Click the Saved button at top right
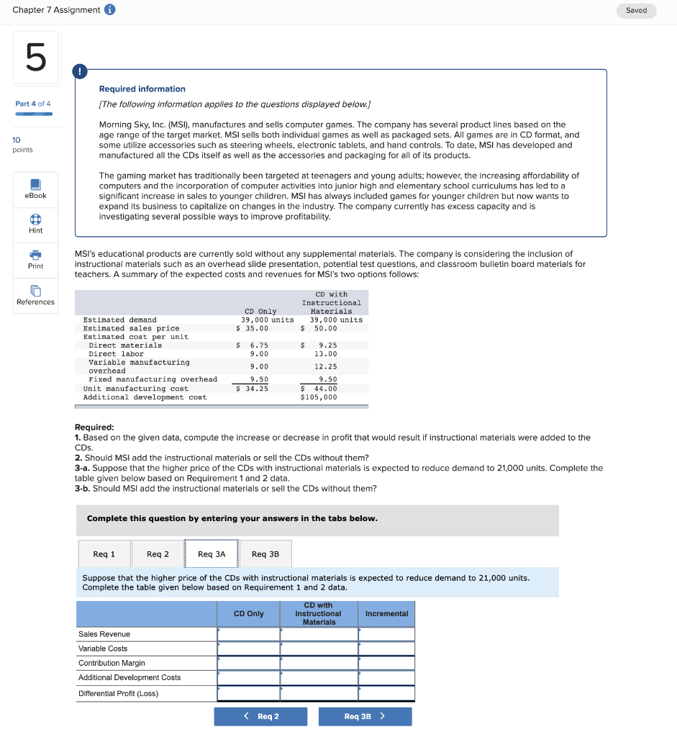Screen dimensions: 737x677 pyautogui.click(x=636, y=11)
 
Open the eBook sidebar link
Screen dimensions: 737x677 pyautogui.click(x=35, y=189)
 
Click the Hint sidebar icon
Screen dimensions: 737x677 pyautogui.click(x=35, y=224)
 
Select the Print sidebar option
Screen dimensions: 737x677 pyautogui.click(x=35, y=260)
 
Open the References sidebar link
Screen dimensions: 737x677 pyautogui.click(x=35, y=295)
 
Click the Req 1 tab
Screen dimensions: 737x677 pyautogui.click(x=104, y=553)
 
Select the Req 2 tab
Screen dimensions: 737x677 pyautogui.click(x=158, y=553)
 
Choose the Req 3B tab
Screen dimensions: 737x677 pyautogui.click(x=265, y=553)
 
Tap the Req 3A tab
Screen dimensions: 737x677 pyautogui.click(x=212, y=553)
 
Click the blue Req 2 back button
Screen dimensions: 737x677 pyautogui.click(x=260, y=716)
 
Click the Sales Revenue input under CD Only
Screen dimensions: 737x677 pyautogui.click(x=248, y=634)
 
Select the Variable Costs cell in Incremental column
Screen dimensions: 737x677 pyautogui.click(x=386, y=648)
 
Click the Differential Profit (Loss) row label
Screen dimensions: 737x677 pyautogui.click(x=118, y=694)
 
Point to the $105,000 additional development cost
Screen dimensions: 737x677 pyautogui.click(x=319, y=397)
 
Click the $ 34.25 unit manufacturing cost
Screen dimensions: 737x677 pyautogui.click(x=253, y=389)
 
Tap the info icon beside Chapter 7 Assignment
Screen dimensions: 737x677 pyautogui.click(x=110, y=9)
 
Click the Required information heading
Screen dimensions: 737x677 pyautogui.click(x=142, y=89)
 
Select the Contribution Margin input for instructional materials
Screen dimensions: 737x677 pyautogui.click(x=318, y=663)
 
